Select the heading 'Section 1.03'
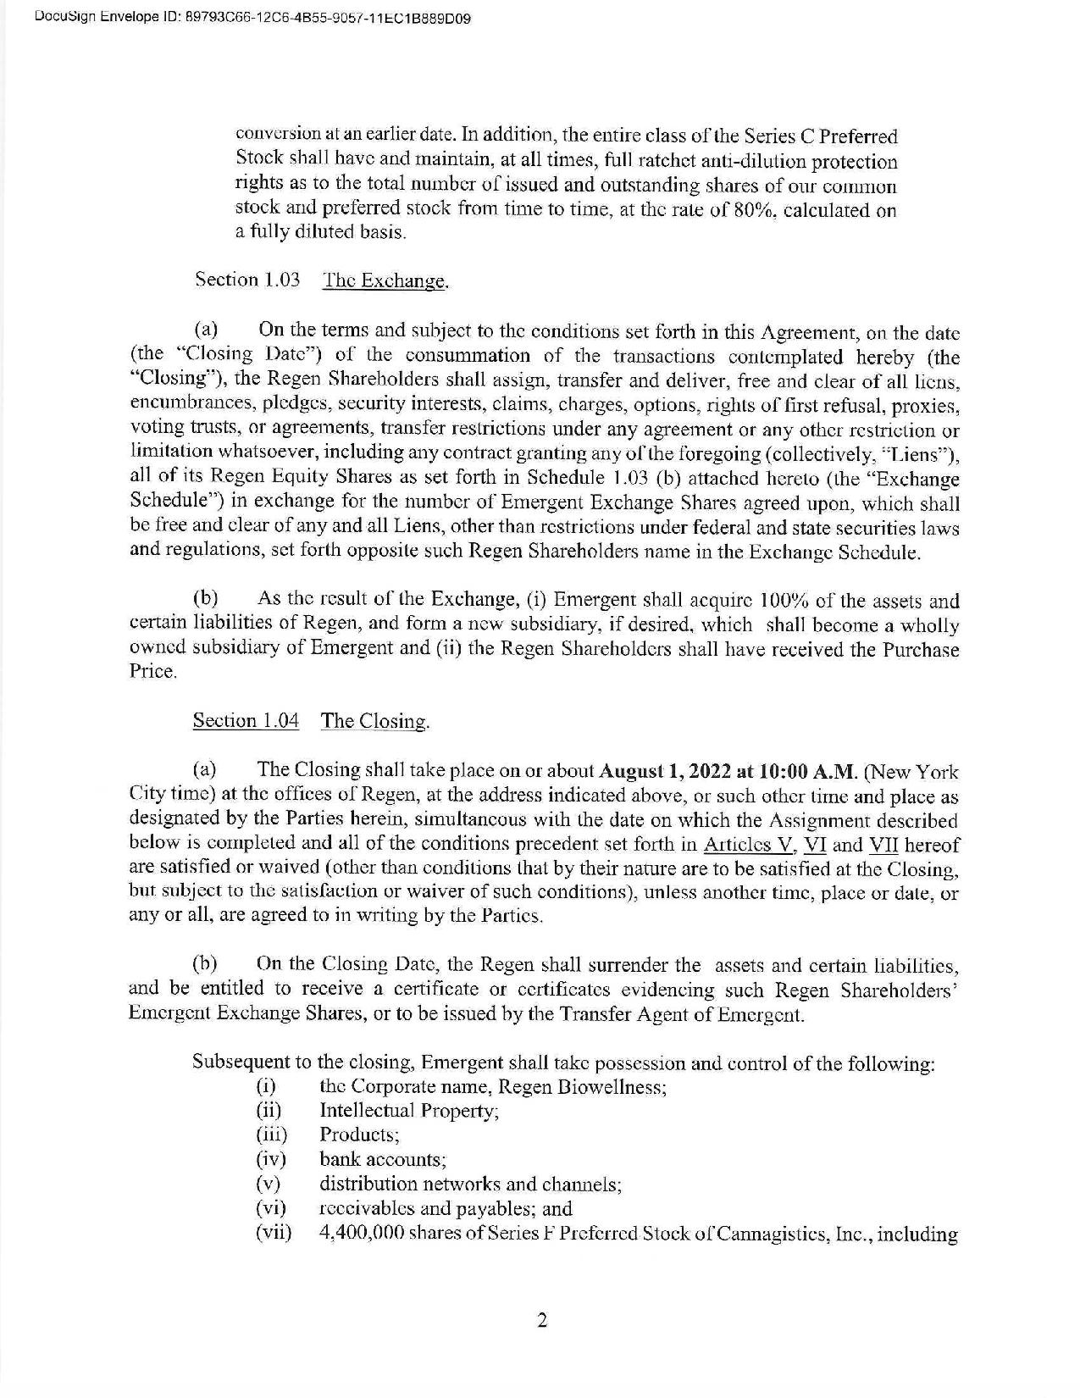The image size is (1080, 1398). [247, 280]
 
